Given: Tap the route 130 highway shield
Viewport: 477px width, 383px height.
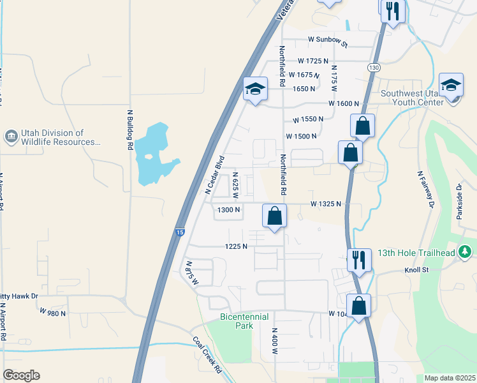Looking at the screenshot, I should (374, 67).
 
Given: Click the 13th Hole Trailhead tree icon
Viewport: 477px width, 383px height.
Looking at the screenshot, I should (466, 251).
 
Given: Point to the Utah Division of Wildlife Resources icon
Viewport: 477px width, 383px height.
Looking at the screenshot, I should (11, 137).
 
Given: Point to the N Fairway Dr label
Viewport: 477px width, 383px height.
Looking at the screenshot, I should (425, 189).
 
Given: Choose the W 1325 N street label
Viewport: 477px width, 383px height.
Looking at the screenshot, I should (326, 204).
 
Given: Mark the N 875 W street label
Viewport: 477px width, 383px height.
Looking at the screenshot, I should (191, 273).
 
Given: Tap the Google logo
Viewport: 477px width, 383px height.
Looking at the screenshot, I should (21, 375).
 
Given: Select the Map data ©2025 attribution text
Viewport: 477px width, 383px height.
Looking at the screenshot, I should (450, 378).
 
